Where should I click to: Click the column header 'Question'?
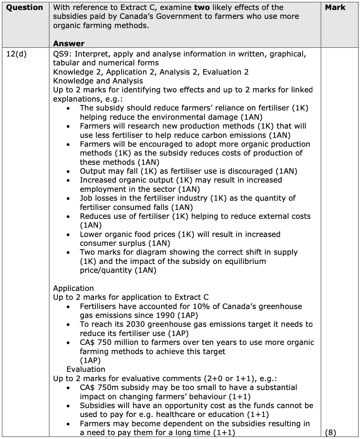[x=24, y=7]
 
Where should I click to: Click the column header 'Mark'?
[x=335, y=7]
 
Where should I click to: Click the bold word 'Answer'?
[x=69, y=44]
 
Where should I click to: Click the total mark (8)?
[x=331, y=433]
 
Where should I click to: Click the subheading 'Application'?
[x=73, y=288]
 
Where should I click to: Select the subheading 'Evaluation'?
[x=86, y=369]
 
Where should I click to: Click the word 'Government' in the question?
[x=178, y=17]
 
